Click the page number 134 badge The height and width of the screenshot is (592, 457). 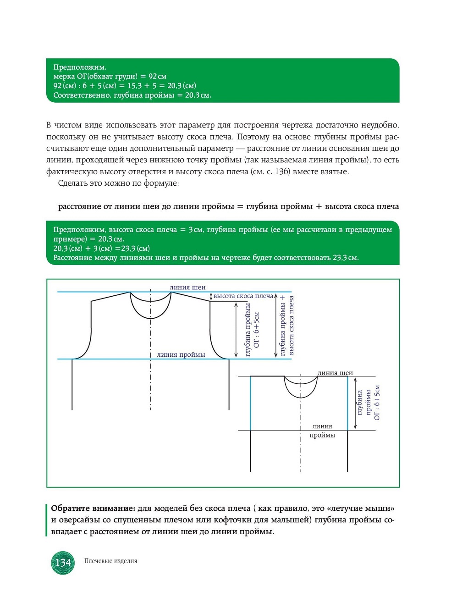[63, 563]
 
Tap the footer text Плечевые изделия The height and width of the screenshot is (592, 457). [110, 561]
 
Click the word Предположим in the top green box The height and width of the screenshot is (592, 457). [79, 67]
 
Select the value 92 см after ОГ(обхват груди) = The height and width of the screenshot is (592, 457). [157, 76]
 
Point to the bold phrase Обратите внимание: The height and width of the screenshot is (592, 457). [93, 508]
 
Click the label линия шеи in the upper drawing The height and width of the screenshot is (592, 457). [187, 288]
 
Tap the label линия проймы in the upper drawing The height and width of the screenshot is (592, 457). [181, 354]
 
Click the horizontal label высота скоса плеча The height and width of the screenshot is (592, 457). [243, 296]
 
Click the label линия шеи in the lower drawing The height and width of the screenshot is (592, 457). [335, 373]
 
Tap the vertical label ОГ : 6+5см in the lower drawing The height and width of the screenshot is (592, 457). [377, 403]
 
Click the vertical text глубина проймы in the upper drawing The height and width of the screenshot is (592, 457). [248, 330]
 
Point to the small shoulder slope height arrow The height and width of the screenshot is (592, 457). [211, 297]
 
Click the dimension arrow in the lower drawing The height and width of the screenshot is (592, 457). [355, 403]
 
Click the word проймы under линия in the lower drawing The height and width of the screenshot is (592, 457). [322, 435]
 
